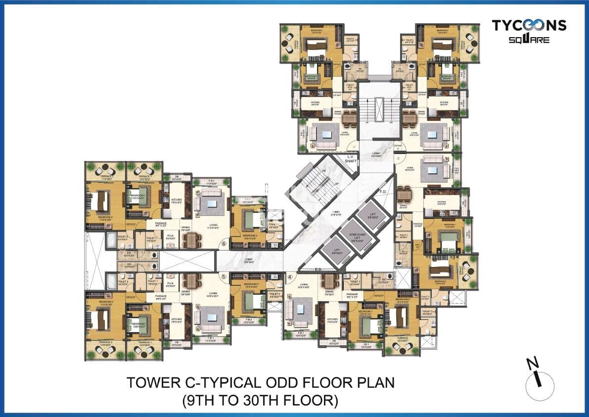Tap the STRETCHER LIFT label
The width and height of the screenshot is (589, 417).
[x=357, y=236]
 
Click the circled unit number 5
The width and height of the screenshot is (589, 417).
[x=224, y=277]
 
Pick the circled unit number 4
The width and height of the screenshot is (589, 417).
[x=290, y=277]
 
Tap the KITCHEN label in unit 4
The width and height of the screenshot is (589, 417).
[x=332, y=319]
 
